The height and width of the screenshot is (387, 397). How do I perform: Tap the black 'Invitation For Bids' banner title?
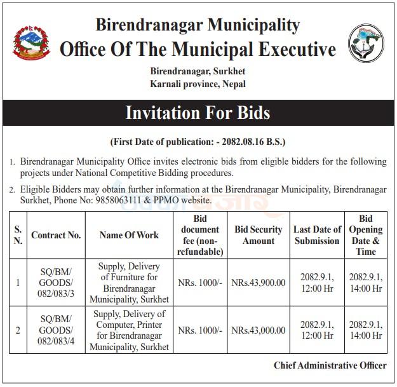tap(198, 113)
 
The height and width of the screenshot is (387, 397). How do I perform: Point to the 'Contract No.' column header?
tap(56, 235)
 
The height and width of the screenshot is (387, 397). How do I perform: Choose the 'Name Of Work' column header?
tap(130, 235)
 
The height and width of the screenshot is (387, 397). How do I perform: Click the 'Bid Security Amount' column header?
tap(258, 235)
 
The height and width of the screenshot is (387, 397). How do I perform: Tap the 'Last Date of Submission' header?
tap(317, 235)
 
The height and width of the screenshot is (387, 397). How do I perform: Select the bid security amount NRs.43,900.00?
tap(258, 283)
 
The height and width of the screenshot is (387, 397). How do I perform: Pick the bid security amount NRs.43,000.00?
tap(258, 330)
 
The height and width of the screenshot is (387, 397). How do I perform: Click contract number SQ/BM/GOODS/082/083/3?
tap(56, 283)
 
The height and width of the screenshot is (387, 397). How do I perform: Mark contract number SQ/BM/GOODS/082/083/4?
tap(56, 330)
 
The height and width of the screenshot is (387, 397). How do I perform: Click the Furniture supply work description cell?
tap(130, 283)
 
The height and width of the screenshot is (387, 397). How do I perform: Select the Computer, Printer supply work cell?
tap(130, 330)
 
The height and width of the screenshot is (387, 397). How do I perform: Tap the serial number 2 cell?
tap(18, 330)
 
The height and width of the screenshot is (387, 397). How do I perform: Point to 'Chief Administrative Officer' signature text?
tap(330, 365)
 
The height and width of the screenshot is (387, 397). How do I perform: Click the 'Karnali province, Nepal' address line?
tap(198, 84)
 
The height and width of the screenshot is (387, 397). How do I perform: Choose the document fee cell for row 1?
tap(200, 283)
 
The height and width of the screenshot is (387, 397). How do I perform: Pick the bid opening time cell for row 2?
tap(365, 330)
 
